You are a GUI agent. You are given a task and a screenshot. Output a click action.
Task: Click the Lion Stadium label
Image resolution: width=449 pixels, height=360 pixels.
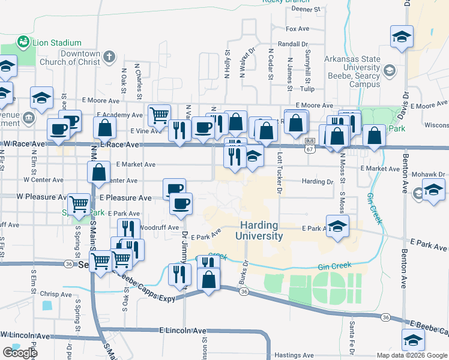(x=56, y=43)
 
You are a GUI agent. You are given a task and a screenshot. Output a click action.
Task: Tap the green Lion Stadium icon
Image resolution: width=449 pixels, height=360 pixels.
(x=23, y=42)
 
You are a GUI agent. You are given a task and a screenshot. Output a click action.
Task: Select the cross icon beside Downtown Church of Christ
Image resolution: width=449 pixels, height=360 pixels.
(x=109, y=57)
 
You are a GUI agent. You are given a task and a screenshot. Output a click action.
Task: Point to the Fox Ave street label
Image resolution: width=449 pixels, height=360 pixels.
(x=297, y=29)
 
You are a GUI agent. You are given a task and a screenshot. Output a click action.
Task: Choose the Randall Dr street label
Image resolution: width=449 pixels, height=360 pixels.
(x=293, y=44)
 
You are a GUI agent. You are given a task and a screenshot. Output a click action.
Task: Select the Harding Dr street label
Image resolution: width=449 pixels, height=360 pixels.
(x=318, y=181)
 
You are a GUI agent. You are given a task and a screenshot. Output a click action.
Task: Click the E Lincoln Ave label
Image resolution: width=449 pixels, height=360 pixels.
(x=183, y=331)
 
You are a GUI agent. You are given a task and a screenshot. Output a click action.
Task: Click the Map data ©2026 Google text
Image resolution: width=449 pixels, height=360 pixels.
(x=412, y=355)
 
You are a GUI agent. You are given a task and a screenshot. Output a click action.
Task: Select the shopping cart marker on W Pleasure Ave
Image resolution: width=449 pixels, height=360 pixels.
(x=79, y=205)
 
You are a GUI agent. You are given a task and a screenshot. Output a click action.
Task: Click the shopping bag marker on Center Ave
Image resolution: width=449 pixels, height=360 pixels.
(x=99, y=172)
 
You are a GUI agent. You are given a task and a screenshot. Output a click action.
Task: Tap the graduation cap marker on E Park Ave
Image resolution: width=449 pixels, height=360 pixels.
(x=338, y=227)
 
